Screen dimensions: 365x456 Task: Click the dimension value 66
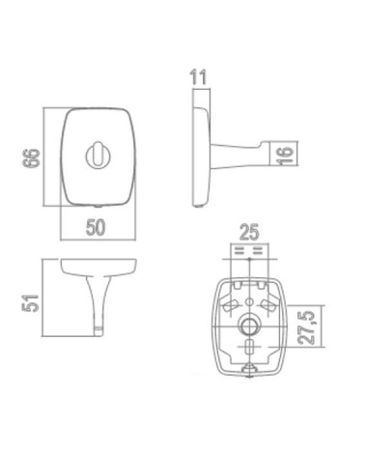point(31,157)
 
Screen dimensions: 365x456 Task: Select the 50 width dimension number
point(96,227)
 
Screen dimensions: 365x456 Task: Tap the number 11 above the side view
point(198,77)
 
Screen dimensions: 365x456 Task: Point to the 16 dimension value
point(285,156)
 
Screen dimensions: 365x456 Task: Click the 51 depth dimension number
point(30,303)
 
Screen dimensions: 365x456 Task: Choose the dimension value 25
point(249,233)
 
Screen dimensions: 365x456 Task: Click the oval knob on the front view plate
point(98,156)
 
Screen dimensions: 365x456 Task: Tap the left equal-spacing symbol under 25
point(239,251)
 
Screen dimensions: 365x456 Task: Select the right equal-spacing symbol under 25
point(258,251)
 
